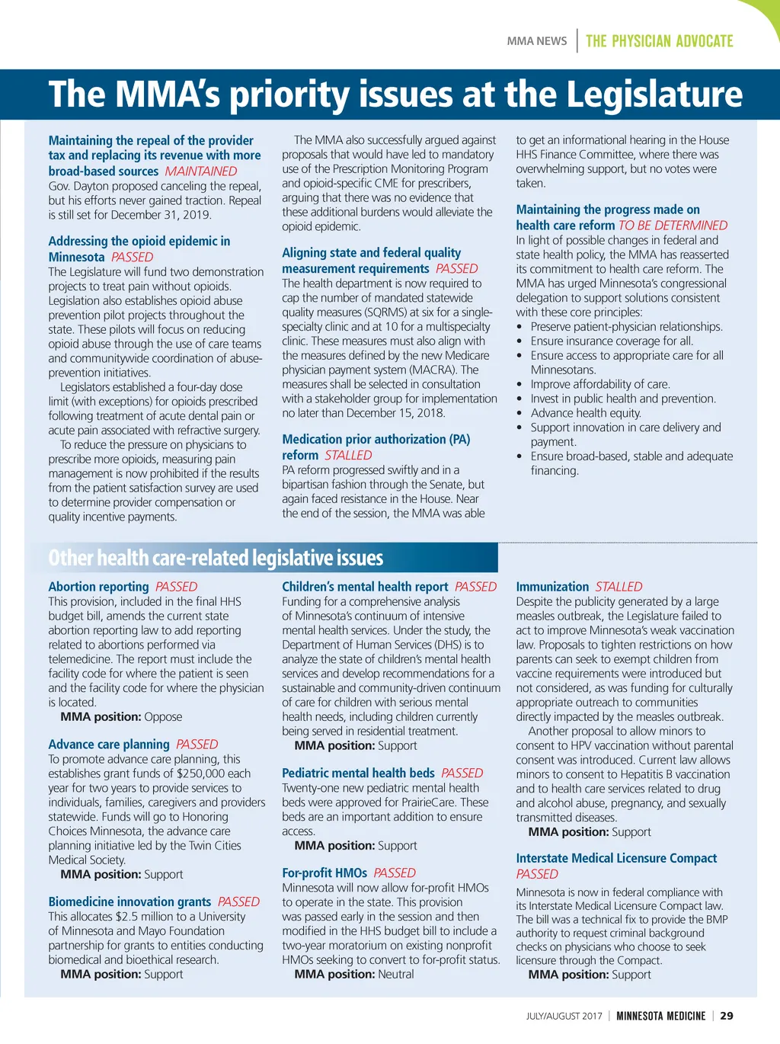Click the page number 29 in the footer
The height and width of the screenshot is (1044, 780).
click(727, 1016)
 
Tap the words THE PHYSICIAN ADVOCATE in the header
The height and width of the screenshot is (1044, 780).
click(659, 41)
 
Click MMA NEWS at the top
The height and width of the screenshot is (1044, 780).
click(537, 41)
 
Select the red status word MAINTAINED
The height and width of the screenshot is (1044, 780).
click(201, 171)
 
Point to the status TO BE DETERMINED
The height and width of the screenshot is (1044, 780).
click(673, 226)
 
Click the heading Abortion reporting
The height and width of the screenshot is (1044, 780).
click(98, 587)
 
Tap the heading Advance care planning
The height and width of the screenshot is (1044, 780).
click(109, 745)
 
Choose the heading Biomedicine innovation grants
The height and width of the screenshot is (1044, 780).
click(129, 902)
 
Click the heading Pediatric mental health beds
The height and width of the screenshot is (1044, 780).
click(358, 773)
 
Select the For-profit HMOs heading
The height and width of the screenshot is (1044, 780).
click(324, 873)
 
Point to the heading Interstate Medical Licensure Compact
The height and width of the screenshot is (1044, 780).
click(616, 859)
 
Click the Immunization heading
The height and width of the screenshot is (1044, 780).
click(552, 587)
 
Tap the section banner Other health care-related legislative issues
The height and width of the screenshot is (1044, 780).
click(216, 558)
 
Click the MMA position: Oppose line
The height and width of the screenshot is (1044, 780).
click(121, 717)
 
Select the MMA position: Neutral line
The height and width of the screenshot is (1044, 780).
click(354, 975)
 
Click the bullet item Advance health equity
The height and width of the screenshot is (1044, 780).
click(586, 413)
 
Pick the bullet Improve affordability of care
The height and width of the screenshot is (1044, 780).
click(600, 385)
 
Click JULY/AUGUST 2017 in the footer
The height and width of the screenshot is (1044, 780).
click(564, 1017)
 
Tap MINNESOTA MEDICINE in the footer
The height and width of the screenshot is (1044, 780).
click(660, 1017)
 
